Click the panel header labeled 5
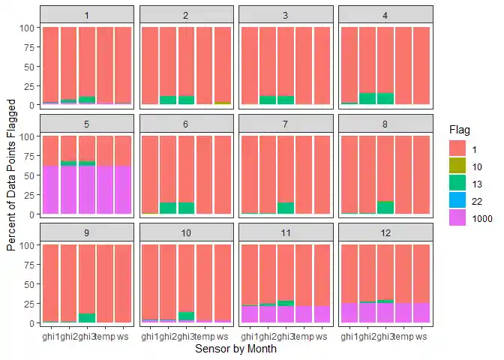tap(87, 123)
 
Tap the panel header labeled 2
tap(186, 14)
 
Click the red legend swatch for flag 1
tap(457, 147)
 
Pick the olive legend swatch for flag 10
tap(457, 165)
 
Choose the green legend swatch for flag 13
tap(457, 183)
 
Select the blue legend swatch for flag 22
tap(457, 201)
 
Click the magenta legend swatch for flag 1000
tap(457, 219)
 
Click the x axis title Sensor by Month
tap(235, 349)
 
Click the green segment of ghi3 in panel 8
tap(386, 208)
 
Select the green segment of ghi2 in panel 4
tap(367, 98)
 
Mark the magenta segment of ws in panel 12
tap(422, 313)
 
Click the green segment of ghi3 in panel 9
tap(87, 318)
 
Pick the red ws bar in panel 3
tap(322, 66)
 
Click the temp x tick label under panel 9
tap(105, 337)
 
